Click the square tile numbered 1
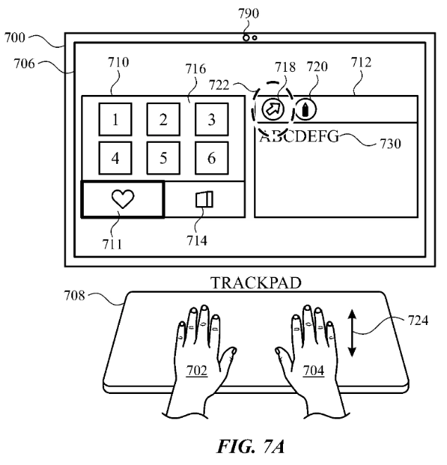tap(115, 119)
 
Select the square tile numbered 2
tap(163, 119)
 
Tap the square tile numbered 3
tap(211, 119)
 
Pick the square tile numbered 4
tap(115, 158)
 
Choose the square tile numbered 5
tap(163, 158)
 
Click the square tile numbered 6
tap(211, 158)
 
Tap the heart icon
tap(123, 200)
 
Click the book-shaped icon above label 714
tap(204, 200)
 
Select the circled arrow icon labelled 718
tap(271, 110)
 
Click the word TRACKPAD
tap(255, 283)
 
